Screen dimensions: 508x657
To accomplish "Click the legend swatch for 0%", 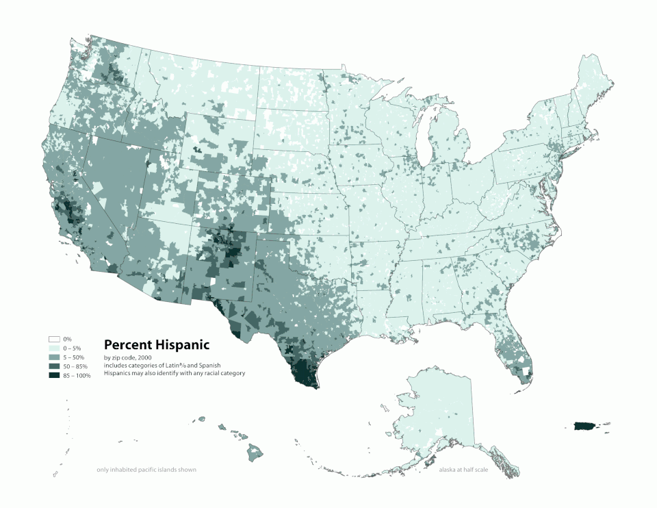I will tap(54, 340).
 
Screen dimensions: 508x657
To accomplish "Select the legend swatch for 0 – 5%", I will tap(54, 348).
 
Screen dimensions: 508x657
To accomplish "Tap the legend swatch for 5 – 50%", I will tap(54, 358).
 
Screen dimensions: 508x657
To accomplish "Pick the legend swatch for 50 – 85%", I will tap(54, 367).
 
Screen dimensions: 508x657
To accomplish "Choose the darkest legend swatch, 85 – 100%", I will tap(54, 376).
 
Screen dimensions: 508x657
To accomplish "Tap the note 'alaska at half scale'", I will tap(463, 470).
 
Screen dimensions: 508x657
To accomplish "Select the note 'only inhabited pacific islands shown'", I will tap(146, 470).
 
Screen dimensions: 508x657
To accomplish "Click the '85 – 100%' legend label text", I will tap(77, 376).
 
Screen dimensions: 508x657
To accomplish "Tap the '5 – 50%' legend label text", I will tap(75, 358).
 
